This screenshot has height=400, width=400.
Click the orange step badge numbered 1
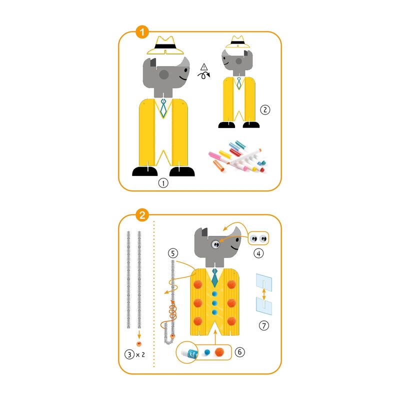coord(142,32)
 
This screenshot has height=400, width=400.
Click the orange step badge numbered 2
coord(142,215)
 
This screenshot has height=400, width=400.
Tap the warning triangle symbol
coord(204,67)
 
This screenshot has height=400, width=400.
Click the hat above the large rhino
coord(165,45)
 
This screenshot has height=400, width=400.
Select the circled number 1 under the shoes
coord(163,183)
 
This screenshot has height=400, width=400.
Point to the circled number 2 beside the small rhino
coord(265,109)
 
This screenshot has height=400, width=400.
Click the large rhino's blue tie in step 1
coord(163,108)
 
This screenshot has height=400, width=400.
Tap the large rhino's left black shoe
coord(145,171)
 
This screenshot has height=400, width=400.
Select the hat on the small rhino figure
coord(237,42)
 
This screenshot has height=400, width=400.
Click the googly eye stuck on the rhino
coord(215,244)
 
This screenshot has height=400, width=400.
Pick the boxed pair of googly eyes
coord(258,238)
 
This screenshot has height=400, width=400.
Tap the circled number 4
coord(258,253)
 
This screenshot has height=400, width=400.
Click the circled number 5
coord(173,253)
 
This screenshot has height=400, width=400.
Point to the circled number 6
coord(239,352)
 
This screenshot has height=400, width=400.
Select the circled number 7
coord(264,325)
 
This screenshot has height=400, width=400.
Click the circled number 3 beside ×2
coord(129,354)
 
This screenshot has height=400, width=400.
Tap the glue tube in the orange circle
coord(189,353)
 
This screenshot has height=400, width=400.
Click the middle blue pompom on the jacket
coord(214,303)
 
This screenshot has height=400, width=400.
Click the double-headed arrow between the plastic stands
coord(264,294)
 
